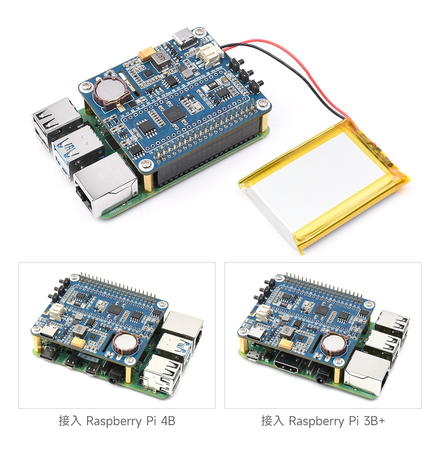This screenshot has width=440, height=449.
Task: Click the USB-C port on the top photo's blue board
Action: click(x=185, y=37)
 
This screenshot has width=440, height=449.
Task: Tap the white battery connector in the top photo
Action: click(x=207, y=57)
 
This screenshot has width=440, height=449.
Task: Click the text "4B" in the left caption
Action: click(x=167, y=421)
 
